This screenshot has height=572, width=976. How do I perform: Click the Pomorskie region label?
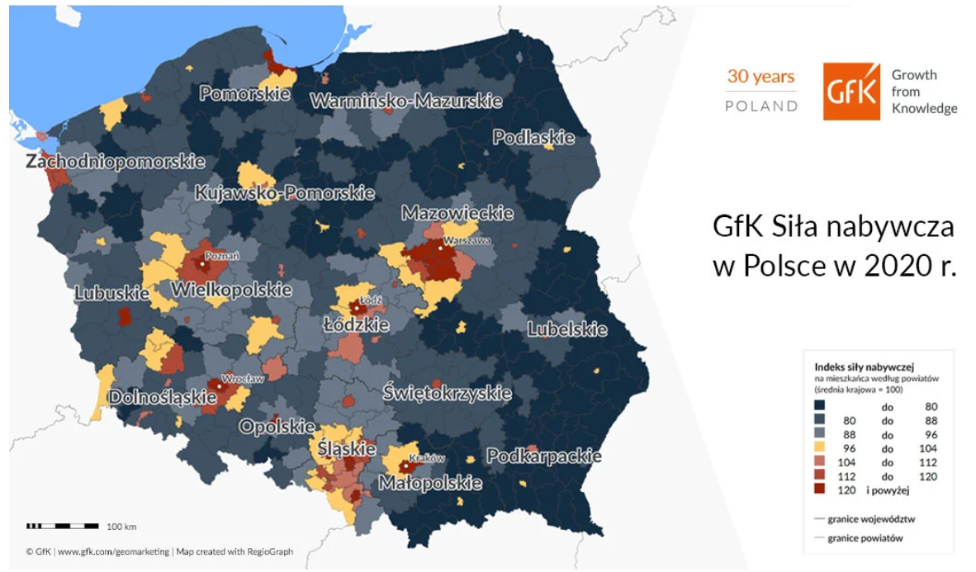pyautogui.click(x=244, y=94)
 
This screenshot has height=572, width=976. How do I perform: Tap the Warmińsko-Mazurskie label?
pyautogui.click(x=405, y=102)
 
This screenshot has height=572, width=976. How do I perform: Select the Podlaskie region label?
pyautogui.click(x=533, y=138)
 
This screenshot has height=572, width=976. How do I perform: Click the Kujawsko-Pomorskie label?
pyautogui.click(x=284, y=194)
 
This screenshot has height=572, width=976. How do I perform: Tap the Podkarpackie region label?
pyautogui.click(x=543, y=456)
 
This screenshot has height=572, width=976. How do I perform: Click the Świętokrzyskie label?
pyautogui.click(x=447, y=393)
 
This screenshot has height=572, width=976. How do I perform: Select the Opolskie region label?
pyautogui.click(x=276, y=427)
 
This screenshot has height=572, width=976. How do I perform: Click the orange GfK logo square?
pyautogui.click(x=850, y=92)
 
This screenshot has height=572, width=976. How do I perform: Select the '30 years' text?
pyautogui.click(x=760, y=78)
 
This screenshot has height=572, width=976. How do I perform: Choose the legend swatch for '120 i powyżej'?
pyautogui.click(x=820, y=490)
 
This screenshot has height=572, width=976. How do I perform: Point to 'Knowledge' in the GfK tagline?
pyautogui.click(x=924, y=108)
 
